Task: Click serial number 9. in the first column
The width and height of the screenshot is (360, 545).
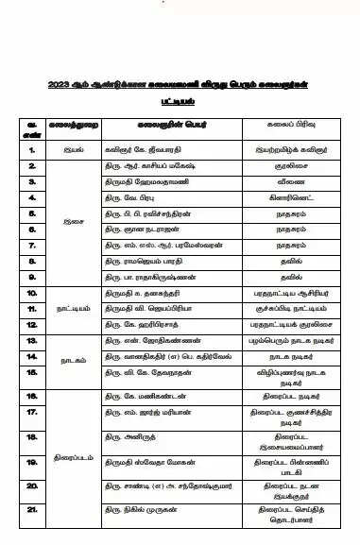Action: [32, 277]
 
